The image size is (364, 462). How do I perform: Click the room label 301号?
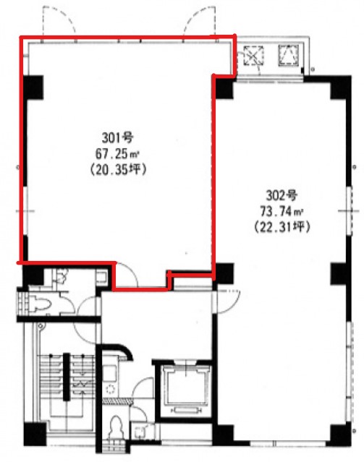[x=118, y=137]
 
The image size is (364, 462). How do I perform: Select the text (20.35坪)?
[x=118, y=170]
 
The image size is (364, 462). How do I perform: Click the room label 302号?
[x=282, y=195]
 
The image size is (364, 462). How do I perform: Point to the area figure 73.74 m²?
[x=282, y=211]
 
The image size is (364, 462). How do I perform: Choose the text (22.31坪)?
[x=282, y=227]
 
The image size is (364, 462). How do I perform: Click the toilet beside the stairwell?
[x=40, y=304]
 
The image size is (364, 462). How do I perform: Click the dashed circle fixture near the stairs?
[x=111, y=390]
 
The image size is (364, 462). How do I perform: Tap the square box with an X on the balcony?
[x=253, y=55]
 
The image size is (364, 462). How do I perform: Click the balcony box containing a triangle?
[x=289, y=54]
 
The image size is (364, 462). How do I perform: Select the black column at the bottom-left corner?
[x=35, y=434]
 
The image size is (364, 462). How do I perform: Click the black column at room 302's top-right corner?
[x=341, y=87]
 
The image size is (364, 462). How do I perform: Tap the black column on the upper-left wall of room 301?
[x=33, y=87]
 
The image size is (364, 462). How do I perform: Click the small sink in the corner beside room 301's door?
[x=102, y=277]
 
